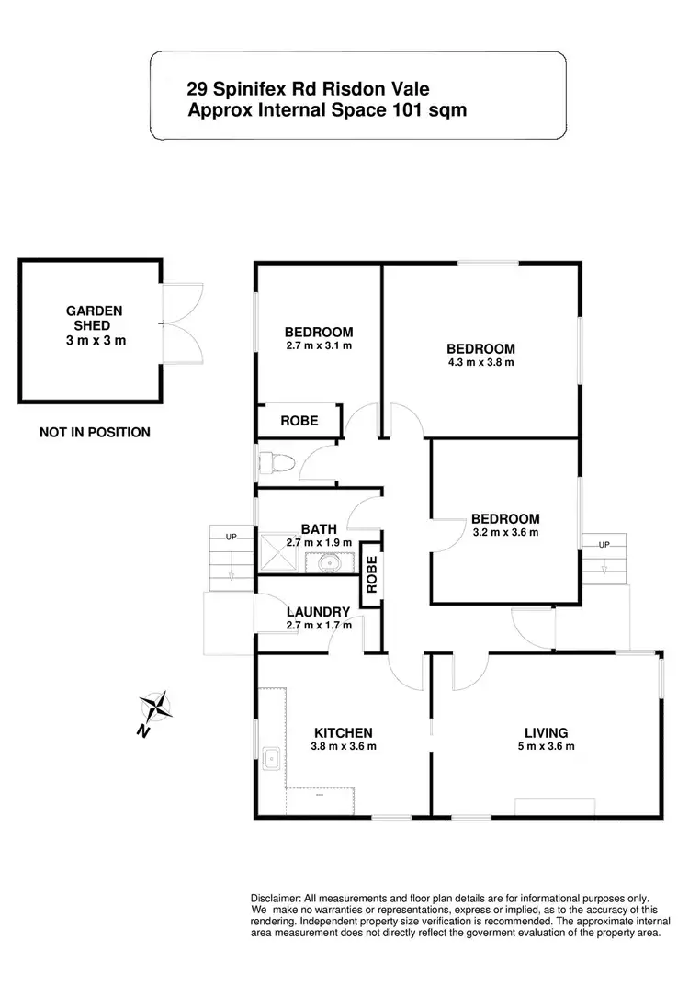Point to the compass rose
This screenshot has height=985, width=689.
coord(157,708)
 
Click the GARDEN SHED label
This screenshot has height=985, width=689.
coord(94,318)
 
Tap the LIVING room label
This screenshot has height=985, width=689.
coord(546,732)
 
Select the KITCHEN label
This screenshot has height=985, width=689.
coord(344,732)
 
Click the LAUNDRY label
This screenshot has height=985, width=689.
coord(318,612)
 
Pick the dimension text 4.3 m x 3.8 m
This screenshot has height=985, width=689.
coord(480,362)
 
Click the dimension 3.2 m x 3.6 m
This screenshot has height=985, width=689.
coord(505,532)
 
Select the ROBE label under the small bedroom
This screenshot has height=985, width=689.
coord(299,421)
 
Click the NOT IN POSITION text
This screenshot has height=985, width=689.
coord(95,432)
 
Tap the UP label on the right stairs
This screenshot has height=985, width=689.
coord(604,545)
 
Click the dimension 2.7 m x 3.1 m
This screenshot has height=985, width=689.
coord(319,346)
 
